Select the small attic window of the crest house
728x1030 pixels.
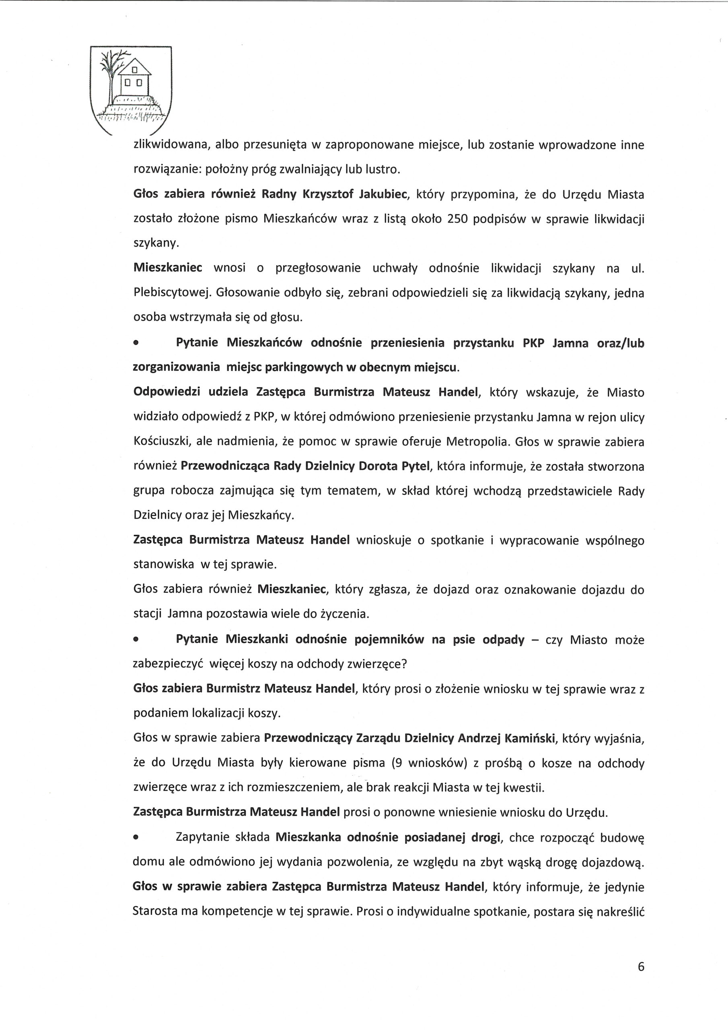pyautogui.click(x=133, y=70)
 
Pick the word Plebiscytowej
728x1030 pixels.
pyautogui.click(x=172, y=293)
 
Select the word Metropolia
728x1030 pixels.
pyautogui.click(x=478, y=442)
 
